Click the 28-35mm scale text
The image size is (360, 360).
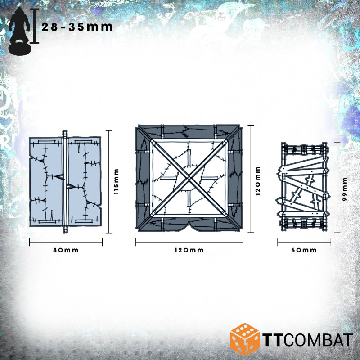pyautogui.click(x=77, y=27)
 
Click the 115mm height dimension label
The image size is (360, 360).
pyautogui.click(x=117, y=182)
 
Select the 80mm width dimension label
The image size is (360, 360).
pyautogui.click(x=66, y=250)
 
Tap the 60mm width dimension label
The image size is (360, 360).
pyautogui.click(x=304, y=250)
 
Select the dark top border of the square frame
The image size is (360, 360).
pyautogui.click(x=189, y=132)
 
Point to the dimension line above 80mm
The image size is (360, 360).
pyautogui.click(x=66, y=243)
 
